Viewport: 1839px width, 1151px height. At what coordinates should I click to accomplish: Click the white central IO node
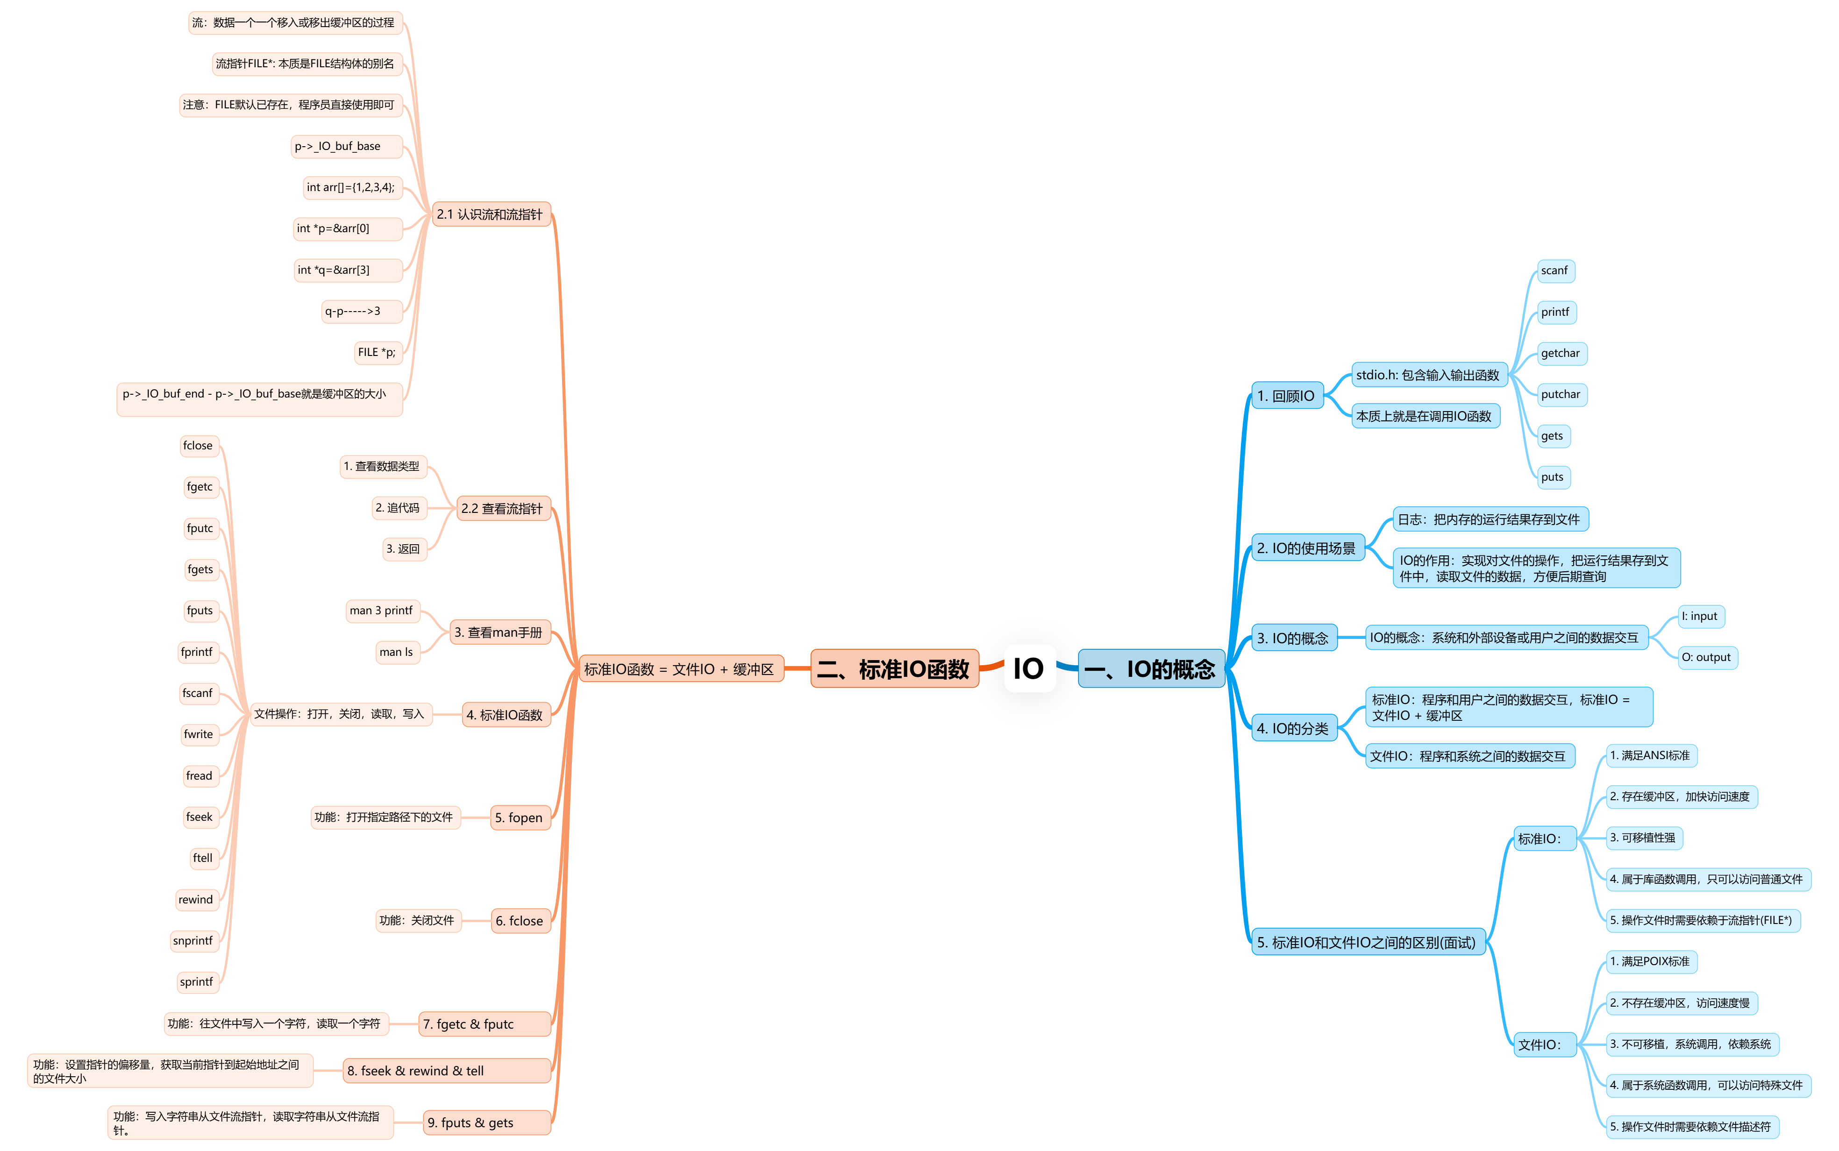1029,668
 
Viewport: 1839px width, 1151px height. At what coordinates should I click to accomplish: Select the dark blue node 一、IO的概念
1150,669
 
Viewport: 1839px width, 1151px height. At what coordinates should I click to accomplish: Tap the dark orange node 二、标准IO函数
894,669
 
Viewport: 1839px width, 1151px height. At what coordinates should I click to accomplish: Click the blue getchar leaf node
1561,353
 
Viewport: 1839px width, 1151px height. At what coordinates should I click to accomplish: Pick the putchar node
1561,394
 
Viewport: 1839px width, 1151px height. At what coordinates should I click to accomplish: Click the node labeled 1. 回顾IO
1286,396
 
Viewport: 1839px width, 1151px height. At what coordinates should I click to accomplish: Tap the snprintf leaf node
193,941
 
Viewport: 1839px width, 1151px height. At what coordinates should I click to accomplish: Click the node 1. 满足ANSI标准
1650,756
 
